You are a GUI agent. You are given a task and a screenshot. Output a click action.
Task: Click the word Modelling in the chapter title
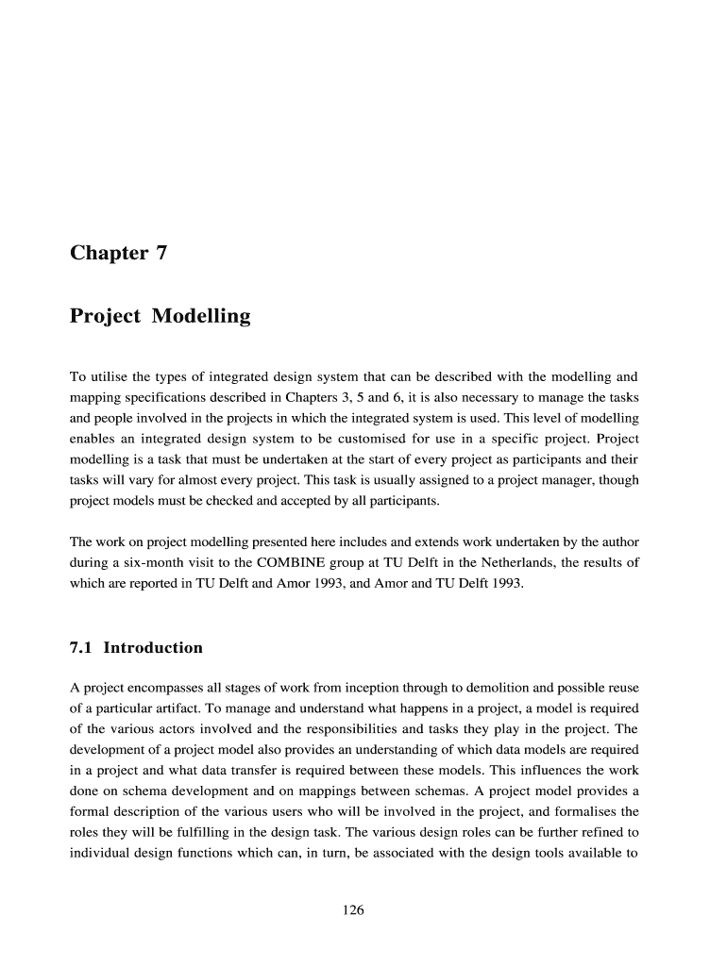201,316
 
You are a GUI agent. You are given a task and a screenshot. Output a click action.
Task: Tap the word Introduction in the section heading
153,647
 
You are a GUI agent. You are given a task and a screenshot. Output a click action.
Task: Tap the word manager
541,480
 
